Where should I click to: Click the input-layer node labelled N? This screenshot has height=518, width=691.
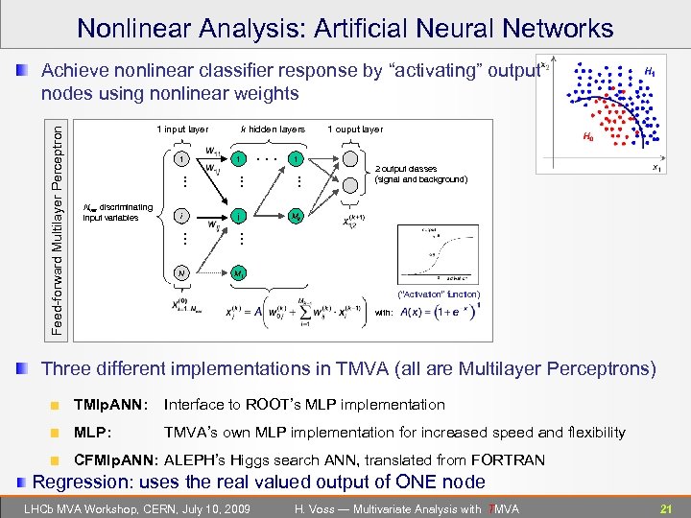pyautogui.click(x=180, y=272)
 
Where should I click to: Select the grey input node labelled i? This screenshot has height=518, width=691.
pyautogui.click(x=180, y=216)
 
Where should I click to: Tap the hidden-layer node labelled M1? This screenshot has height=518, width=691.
pyautogui.click(x=238, y=272)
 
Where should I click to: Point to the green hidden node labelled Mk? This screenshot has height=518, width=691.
pyautogui.click(x=298, y=216)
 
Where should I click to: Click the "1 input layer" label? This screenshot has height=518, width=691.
pyautogui.click(x=181, y=129)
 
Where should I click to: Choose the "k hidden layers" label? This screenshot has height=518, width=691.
pyautogui.click(x=274, y=129)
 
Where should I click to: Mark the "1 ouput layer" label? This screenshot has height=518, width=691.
pyautogui.click(x=355, y=129)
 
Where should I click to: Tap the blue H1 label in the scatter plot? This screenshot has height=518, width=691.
pyautogui.click(x=650, y=72)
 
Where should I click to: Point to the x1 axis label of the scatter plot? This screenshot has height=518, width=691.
pyautogui.click(x=657, y=168)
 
